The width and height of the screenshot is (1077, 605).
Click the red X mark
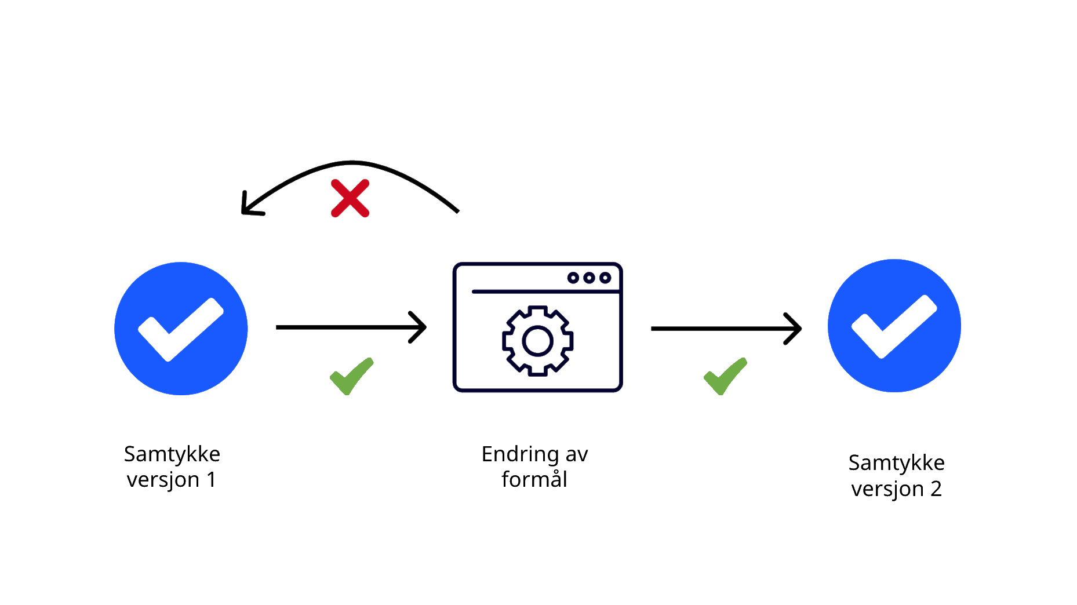point(350,198)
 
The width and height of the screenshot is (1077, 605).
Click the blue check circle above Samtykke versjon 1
point(181,329)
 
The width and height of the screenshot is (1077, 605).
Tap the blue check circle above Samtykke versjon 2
point(894,326)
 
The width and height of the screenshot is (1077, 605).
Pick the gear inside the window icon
point(537,340)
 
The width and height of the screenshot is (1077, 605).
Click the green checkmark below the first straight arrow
point(351,376)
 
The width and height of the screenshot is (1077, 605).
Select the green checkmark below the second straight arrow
point(725,376)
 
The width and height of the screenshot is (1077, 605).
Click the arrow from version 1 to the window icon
point(351,327)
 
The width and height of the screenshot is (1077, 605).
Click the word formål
point(534,480)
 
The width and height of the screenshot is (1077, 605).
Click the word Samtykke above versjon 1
point(172,454)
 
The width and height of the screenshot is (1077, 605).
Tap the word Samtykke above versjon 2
point(896,464)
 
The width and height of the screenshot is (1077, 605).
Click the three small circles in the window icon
point(589,278)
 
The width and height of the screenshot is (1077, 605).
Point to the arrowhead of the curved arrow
point(248,207)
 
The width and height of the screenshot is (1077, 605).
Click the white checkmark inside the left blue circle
point(180,329)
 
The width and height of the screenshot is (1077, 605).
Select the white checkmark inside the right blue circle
point(893,326)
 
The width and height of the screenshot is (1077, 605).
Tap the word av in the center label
point(577,455)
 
